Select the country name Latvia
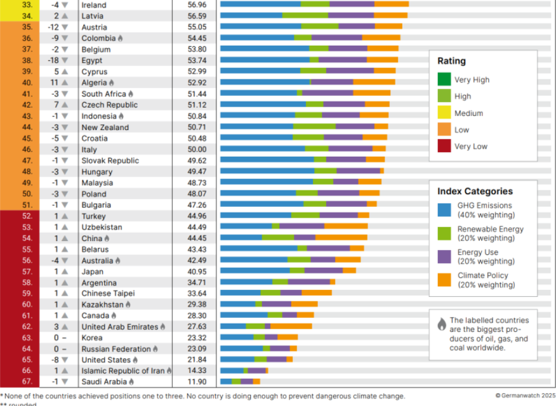(x=93, y=16)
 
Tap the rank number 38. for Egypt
(x=27, y=60)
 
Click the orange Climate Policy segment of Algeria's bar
(x=374, y=82)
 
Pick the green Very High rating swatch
(x=444, y=80)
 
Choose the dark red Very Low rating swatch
(x=444, y=146)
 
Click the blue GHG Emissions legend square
(x=444, y=210)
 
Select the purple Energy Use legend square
(x=444, y=256)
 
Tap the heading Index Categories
(x=475, y=192)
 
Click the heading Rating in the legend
(x=451, y=62)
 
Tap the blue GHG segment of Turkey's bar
(x=255, y=216)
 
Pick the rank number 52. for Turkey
(x=27, y=216)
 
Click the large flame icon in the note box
(x=442, y=324)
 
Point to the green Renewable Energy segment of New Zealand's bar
(x=314, y=127)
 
